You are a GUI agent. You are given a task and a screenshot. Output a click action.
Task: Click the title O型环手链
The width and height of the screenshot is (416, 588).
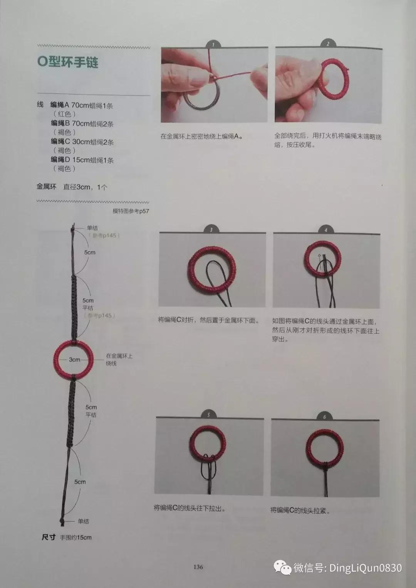pyautogui.click(x=68, y=62)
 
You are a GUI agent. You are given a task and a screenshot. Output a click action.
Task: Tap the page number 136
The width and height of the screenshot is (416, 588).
pyautogui.click(x=198, y=566)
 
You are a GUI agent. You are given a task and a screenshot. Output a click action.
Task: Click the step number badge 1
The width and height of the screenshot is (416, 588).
pyautogui.click(x=213, y=45)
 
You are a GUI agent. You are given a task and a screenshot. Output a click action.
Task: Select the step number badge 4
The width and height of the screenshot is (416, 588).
pyautogui.click(x=326, y=230)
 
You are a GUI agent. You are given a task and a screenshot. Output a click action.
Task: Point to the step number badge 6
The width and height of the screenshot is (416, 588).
pyautogui.click(x=324, y=417)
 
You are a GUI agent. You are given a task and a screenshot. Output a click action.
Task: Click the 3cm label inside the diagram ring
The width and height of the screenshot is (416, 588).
pyautogui.click(x=74, y=359)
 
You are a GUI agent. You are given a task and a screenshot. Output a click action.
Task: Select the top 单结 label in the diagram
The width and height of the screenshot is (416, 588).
pyautogui.click(x=92, y=228)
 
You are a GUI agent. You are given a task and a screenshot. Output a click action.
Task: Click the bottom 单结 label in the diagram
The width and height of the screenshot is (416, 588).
pyautogui.click(x=84, y=521)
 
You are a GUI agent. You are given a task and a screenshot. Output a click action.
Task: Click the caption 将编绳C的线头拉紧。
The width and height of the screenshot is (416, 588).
pyautogui.click(x=300, y=510)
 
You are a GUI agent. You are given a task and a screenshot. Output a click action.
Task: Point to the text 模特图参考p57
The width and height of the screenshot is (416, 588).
pyautogui.click(x=131, y=211)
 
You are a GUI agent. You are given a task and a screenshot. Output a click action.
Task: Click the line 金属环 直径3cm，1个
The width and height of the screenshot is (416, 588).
pyautogui.click(x=72, y=187)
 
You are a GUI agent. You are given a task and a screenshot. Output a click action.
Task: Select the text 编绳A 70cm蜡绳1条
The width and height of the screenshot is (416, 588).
pyautogui.click(x=82, y=105)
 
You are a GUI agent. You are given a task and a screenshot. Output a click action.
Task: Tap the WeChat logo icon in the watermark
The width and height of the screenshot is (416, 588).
pyautogui.click(x=282, y=568)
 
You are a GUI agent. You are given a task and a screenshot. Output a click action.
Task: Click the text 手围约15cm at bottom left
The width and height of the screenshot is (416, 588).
pyautogui.click(x=76, y=537)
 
